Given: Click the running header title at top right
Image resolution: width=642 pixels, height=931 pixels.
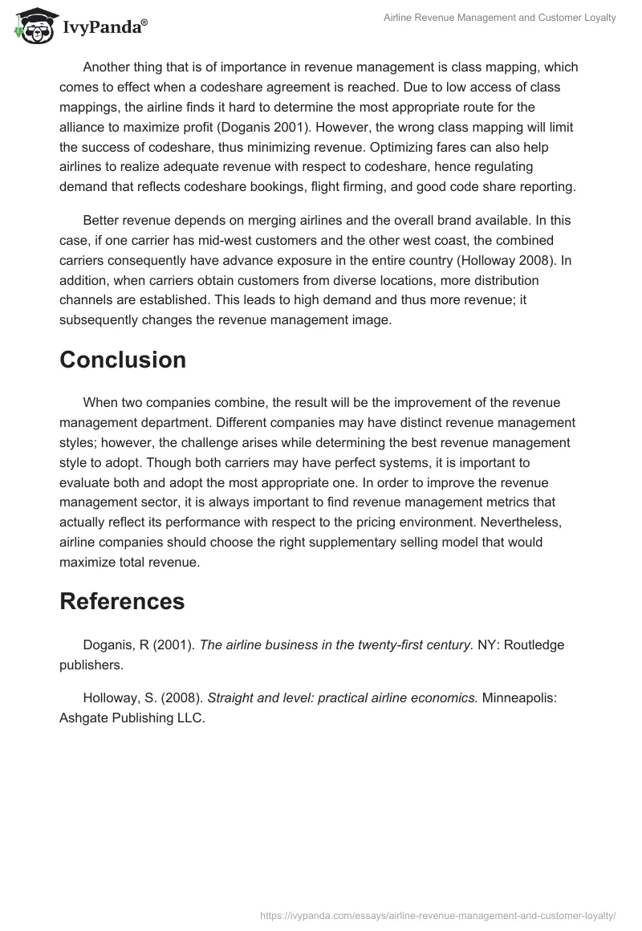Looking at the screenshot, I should [x=500, y=18].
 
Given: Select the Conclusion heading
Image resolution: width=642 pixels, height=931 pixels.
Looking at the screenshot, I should [x=123, y=360].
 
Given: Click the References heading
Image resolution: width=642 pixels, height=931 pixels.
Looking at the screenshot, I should [x=122, y=600].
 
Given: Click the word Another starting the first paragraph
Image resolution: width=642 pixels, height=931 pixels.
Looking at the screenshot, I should [x=108, y=67].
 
